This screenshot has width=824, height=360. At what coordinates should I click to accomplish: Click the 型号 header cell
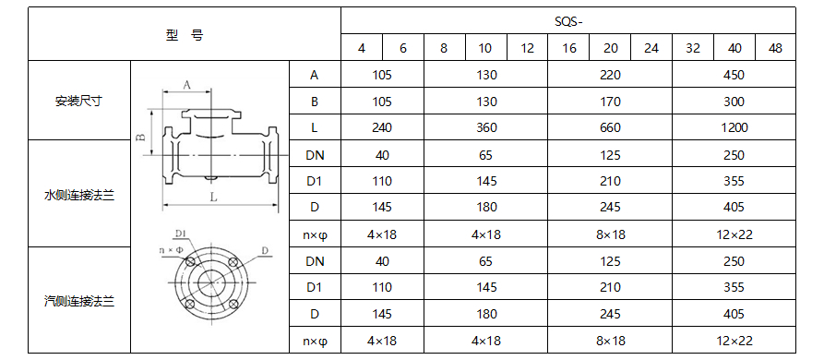[x=184, y=35]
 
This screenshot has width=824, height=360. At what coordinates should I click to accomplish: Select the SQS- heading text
[x=569, y=21]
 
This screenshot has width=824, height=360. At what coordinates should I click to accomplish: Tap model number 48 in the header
[x=775, y=48]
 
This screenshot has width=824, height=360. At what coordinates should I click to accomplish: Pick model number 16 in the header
[x=568, y=48]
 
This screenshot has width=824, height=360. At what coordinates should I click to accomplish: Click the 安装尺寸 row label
[x=78, y=101]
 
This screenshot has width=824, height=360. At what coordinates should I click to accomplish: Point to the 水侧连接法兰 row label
[x=79, y=196]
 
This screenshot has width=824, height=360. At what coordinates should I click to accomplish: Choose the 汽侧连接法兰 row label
[x=79, y=301]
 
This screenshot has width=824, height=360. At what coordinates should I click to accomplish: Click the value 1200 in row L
[x=734, y=127]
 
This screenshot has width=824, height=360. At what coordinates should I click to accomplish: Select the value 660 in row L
[x=610, y=127]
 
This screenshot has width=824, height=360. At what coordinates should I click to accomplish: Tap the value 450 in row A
[x=734, y=75]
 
